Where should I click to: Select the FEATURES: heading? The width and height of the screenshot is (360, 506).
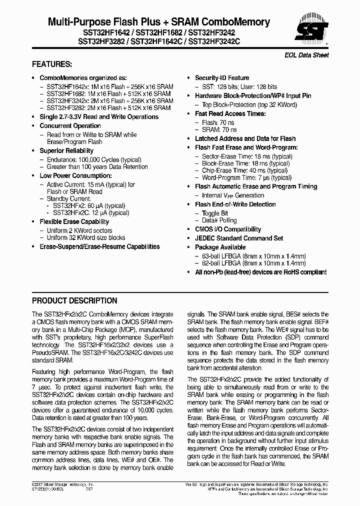52,64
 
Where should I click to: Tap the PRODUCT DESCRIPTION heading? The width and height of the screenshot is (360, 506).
74,301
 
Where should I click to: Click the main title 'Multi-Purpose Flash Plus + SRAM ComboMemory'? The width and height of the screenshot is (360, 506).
158,22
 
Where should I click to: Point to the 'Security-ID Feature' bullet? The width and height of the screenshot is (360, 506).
221,78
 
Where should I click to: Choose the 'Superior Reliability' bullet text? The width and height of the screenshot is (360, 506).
66,150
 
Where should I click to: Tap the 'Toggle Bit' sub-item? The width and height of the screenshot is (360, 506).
215,213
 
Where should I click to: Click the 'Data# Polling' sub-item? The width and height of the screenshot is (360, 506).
219,220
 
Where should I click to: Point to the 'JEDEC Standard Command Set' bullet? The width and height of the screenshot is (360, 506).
238,238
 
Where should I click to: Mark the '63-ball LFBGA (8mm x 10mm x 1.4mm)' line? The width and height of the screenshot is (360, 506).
253,256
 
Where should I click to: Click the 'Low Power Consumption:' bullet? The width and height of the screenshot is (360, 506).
75,175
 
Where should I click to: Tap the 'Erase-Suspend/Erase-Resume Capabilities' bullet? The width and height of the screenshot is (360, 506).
99,246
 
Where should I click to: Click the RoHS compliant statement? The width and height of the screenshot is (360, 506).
260,272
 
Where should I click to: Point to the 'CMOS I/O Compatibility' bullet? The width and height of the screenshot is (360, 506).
227,229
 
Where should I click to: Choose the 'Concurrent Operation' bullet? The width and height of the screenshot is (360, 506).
70,126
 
